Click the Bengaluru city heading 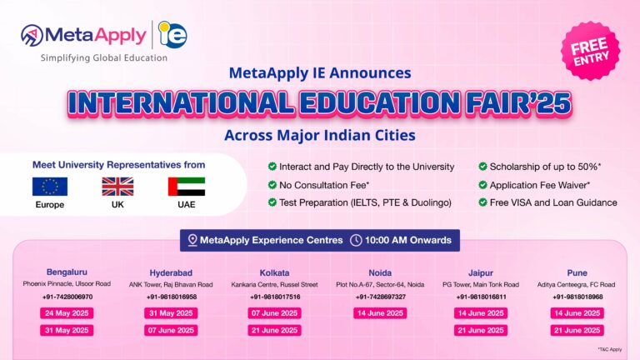(67, 272)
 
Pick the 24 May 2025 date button (67, 313)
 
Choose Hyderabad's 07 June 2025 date (172, 330)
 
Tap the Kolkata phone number (275, 297)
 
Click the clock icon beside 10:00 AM (357, 241)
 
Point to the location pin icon (193, 241)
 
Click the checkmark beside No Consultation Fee (272, 184)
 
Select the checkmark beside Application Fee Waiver (484, 184)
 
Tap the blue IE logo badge (172, 36)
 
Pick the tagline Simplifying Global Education (103, 57)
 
